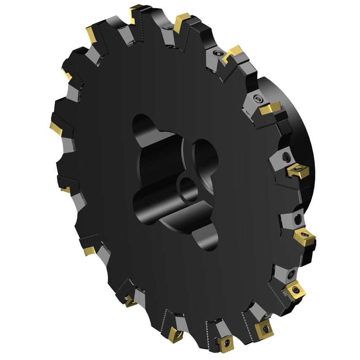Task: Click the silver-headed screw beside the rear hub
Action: click(x=258, y=99)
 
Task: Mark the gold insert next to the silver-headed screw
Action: click(x=270, y=108)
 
